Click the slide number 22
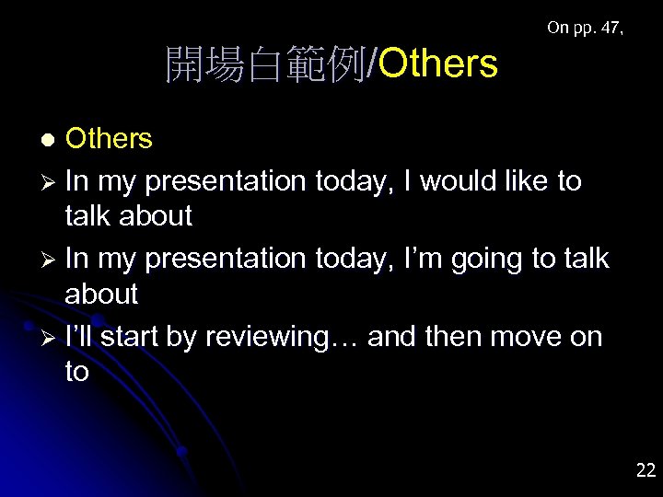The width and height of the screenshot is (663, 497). point(646,470)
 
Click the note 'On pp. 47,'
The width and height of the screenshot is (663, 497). point(585,28)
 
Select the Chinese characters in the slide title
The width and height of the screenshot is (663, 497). point(265,64)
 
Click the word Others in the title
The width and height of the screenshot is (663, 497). point(437,64)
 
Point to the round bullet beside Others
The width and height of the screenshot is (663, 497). point(52,139)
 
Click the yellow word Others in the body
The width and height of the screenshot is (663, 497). point(109,139)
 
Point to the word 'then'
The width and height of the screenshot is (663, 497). point(453,336)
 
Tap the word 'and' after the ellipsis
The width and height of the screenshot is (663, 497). point(391,336)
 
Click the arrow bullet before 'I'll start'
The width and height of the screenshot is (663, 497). point(52,338)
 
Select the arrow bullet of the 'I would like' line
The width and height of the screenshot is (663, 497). point(52,182)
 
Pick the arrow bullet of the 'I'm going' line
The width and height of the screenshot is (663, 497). point(52,260)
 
